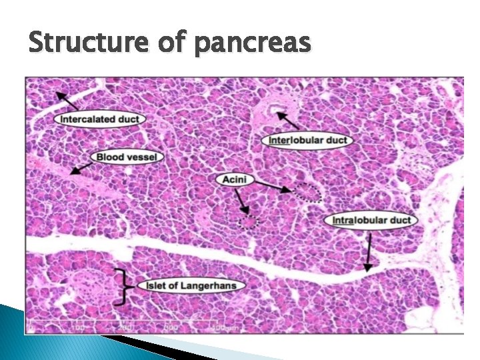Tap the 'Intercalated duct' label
[101, 120]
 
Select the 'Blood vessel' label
[127, 157]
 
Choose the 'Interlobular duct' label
[307, 140]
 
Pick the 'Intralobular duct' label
[371, 220]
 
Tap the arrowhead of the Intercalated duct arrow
[59, 94]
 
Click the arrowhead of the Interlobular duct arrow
[279, 115]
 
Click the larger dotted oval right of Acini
[309, 192]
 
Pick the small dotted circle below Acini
[248, 222]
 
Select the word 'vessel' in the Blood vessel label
[143, 157]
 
